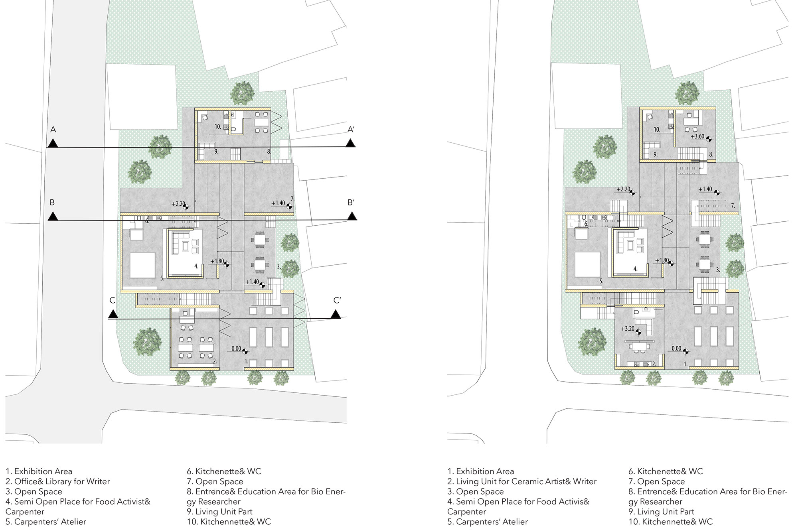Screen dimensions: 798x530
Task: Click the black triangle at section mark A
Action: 53,144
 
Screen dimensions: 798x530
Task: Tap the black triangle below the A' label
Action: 350,143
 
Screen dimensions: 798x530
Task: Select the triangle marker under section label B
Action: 53,217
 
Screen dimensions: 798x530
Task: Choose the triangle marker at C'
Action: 336,314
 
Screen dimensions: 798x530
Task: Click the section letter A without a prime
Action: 53,129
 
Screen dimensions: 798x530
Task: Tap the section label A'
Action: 351,129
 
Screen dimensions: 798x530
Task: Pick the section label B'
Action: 351,202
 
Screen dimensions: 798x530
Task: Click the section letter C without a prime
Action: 113,300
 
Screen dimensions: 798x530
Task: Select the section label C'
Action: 337,300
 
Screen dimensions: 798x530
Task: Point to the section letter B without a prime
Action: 52,202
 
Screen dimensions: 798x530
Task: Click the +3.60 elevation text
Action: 698,136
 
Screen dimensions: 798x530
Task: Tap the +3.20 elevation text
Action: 628,329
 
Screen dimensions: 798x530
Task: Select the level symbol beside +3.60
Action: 709,139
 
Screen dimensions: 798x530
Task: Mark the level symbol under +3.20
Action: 638,332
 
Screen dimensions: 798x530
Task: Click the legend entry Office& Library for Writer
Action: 57,481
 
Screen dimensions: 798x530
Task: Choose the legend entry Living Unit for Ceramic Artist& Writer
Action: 522,481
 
